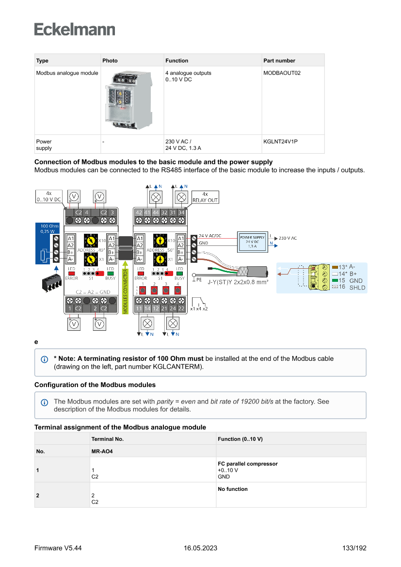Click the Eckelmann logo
click(75, 29)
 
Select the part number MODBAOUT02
click(282, 73)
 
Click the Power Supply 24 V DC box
click(252, 241)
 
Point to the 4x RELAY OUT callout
click(205, 197)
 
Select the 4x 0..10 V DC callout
click(48, 196)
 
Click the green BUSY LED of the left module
click(110, 274)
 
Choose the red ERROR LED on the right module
click(141, 274)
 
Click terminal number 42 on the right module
click(139, 212)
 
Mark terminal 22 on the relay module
click(181, 308)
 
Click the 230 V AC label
click(288, 238)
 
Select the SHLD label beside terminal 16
click(357, 288)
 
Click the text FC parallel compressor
click(248, 464)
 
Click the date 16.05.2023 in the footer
click(200, 548)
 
